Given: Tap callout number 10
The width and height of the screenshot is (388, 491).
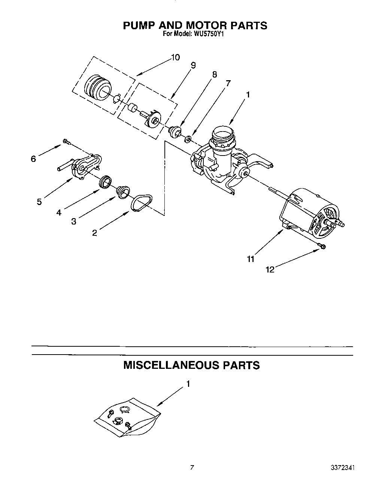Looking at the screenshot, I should point(175,57).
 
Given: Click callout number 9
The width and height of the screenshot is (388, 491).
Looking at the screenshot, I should point(193,65).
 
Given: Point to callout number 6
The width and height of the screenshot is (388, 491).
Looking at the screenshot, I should point(33,159).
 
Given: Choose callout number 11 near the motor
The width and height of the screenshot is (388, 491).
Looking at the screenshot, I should point(251,259).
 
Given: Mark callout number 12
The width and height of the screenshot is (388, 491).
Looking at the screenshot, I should point(270,269).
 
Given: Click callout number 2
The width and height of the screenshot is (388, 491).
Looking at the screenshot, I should point(94,233).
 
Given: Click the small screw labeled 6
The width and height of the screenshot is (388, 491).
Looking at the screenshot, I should point(67,141).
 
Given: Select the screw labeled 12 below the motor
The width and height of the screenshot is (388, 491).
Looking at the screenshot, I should point(322,246).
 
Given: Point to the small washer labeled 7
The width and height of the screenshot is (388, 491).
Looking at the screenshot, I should point(189,139).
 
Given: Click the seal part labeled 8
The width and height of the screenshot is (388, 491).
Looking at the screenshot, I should point(175,132).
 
